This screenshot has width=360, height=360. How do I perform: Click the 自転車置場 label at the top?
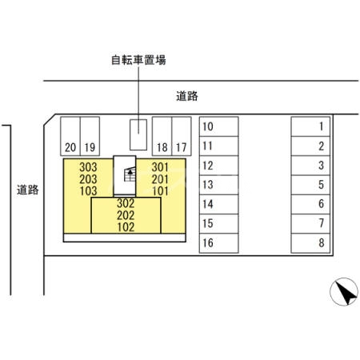pos(138,60)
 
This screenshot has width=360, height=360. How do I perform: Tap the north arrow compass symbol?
pos(344,291)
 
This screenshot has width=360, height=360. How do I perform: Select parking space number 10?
pos(218,126)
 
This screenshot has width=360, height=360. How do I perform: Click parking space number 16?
pos(218,243)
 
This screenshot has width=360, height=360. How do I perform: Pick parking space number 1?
pos(310,126)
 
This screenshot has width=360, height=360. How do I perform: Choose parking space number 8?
pos(310,243)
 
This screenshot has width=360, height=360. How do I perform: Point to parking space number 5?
pos(310,185)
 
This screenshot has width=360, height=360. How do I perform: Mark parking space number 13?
pos(218,185)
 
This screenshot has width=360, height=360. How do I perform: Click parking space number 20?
pos(70,136)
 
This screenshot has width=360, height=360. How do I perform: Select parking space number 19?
pos(90,136)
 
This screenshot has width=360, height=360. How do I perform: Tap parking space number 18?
pos(162,136)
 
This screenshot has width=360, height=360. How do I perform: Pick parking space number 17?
pos(182,136)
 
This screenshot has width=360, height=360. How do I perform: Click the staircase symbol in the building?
pos(130,174)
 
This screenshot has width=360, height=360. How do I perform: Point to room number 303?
pos(88,167)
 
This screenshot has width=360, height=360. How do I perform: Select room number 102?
pos(126,227)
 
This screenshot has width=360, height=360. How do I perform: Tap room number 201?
pos(160,179)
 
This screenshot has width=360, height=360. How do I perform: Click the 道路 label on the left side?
pos(28,190)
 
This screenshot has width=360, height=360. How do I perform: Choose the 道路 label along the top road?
pos(187,96)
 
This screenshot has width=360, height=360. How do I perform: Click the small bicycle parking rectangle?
pos(138,134)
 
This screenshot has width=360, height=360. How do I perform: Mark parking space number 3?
pos(310,166)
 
